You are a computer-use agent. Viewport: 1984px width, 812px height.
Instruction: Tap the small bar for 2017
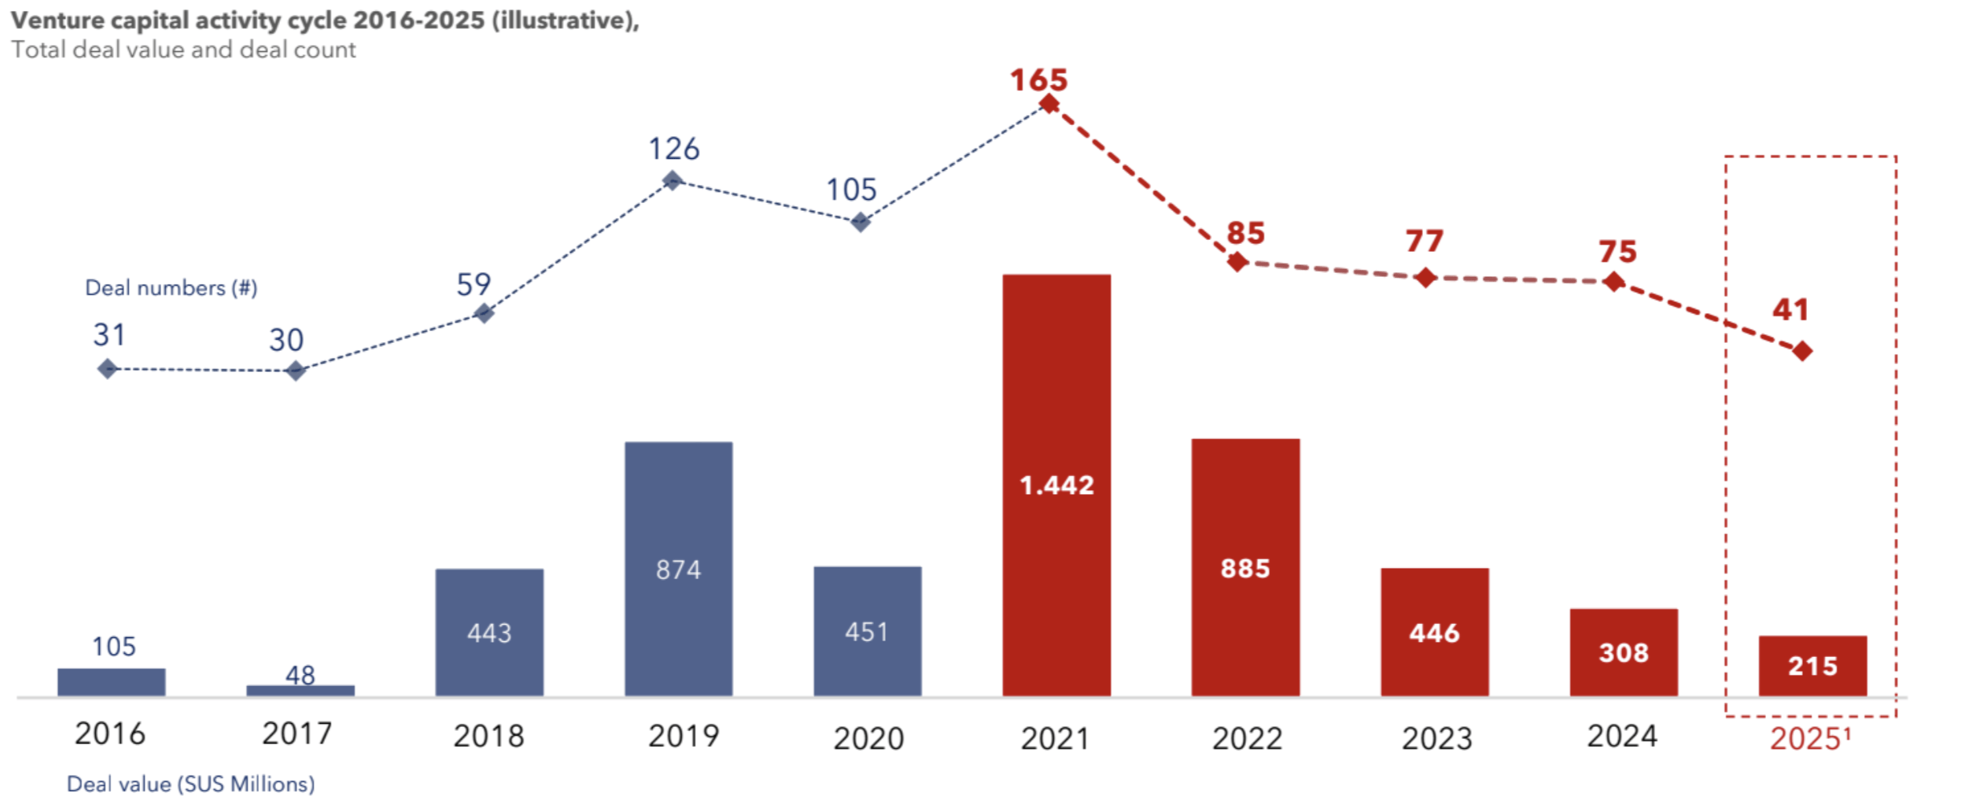tap(300, 690)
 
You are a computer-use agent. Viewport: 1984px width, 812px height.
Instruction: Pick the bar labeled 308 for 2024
tap(1623, 651)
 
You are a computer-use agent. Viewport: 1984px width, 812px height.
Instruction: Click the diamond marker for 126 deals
tap(672, 181)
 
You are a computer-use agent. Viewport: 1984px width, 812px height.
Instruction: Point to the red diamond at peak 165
tap(1049, 104)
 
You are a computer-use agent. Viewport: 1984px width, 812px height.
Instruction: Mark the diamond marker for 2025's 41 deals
tap(1801, 351)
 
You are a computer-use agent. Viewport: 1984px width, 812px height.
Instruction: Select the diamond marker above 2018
tap(484, 313)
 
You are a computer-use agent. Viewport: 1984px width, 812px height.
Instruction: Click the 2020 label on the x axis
tap(868, 738)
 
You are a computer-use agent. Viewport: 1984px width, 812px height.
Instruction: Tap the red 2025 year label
tap(1805, 738)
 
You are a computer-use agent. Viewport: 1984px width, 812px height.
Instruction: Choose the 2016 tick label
tap(110, 733)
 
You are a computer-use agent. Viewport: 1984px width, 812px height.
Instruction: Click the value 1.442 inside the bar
tap(1057, 485)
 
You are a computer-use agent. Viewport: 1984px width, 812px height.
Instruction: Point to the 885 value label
tap(1245, 568)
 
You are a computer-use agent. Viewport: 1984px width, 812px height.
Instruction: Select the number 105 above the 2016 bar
tap(114, 646)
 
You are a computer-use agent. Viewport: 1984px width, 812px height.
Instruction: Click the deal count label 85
tap(1245, 233)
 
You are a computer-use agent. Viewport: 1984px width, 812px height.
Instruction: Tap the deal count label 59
tap(474, 284)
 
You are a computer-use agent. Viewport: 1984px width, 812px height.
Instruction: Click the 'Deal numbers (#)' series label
tap(171, 288)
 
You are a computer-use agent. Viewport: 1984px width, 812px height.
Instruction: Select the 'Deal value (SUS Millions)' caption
tap(190, 784)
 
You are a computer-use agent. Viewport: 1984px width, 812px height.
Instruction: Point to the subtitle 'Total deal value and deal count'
tap(183, 50)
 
